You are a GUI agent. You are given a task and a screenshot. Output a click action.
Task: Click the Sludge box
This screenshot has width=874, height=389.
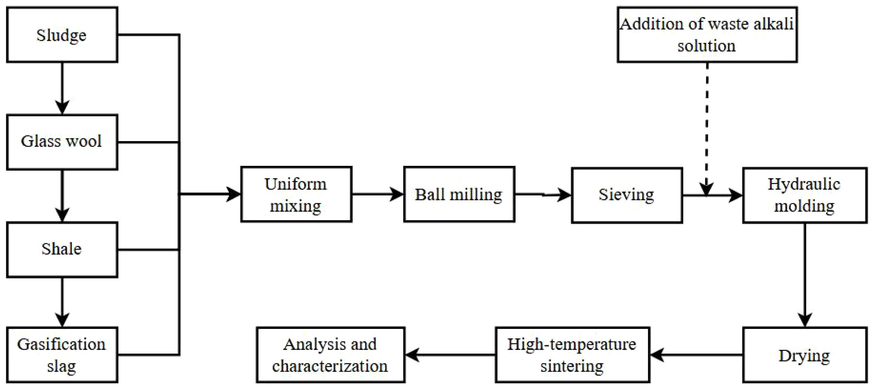(x=62, y=35)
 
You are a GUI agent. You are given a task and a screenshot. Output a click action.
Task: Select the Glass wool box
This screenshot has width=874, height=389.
(x=62, y=142)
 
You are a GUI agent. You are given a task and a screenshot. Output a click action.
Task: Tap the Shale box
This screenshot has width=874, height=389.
(x=62, y=250)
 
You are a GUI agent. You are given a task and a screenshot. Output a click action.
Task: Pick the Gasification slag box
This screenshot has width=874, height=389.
(x=62, y=355)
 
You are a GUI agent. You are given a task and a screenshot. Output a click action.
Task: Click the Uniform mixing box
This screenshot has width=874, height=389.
(x=296, y=194)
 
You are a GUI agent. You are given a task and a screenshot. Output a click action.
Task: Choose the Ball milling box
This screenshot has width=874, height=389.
(x=459, y=194)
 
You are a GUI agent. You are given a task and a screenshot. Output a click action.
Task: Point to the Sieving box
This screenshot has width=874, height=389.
(x=627, y=195)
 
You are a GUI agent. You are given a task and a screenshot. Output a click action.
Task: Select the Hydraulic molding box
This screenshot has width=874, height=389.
(x=805, y=195)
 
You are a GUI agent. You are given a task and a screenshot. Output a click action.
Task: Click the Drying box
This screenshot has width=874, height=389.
(x=805, y=355)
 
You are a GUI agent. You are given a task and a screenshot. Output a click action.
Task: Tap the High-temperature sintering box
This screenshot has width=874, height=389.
(x=572, y=355)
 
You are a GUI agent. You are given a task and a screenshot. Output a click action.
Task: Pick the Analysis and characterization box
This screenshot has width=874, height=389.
(x=330, y=355)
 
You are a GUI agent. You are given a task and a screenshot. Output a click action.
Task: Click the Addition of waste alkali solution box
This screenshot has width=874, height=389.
(x=707, y=35)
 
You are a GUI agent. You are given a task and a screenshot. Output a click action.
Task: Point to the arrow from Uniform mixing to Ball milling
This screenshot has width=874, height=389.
(x=377, y=194)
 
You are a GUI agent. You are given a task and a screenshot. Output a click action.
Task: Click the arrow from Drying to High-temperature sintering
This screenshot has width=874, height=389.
(x=696, y=355)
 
